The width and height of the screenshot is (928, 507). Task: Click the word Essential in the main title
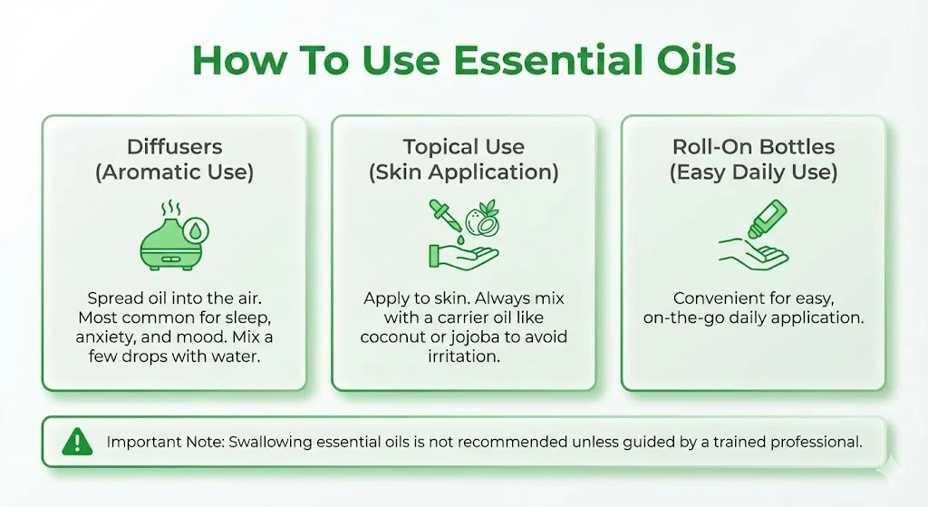548,61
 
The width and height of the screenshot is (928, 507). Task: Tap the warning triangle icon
77,442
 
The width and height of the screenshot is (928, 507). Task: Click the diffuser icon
174,237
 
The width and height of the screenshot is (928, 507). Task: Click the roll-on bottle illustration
768,219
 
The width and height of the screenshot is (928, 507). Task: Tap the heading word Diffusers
175,146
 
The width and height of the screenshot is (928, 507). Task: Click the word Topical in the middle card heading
439,146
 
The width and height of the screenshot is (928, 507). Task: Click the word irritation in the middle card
464,356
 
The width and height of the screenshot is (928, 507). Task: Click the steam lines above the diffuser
171,209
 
